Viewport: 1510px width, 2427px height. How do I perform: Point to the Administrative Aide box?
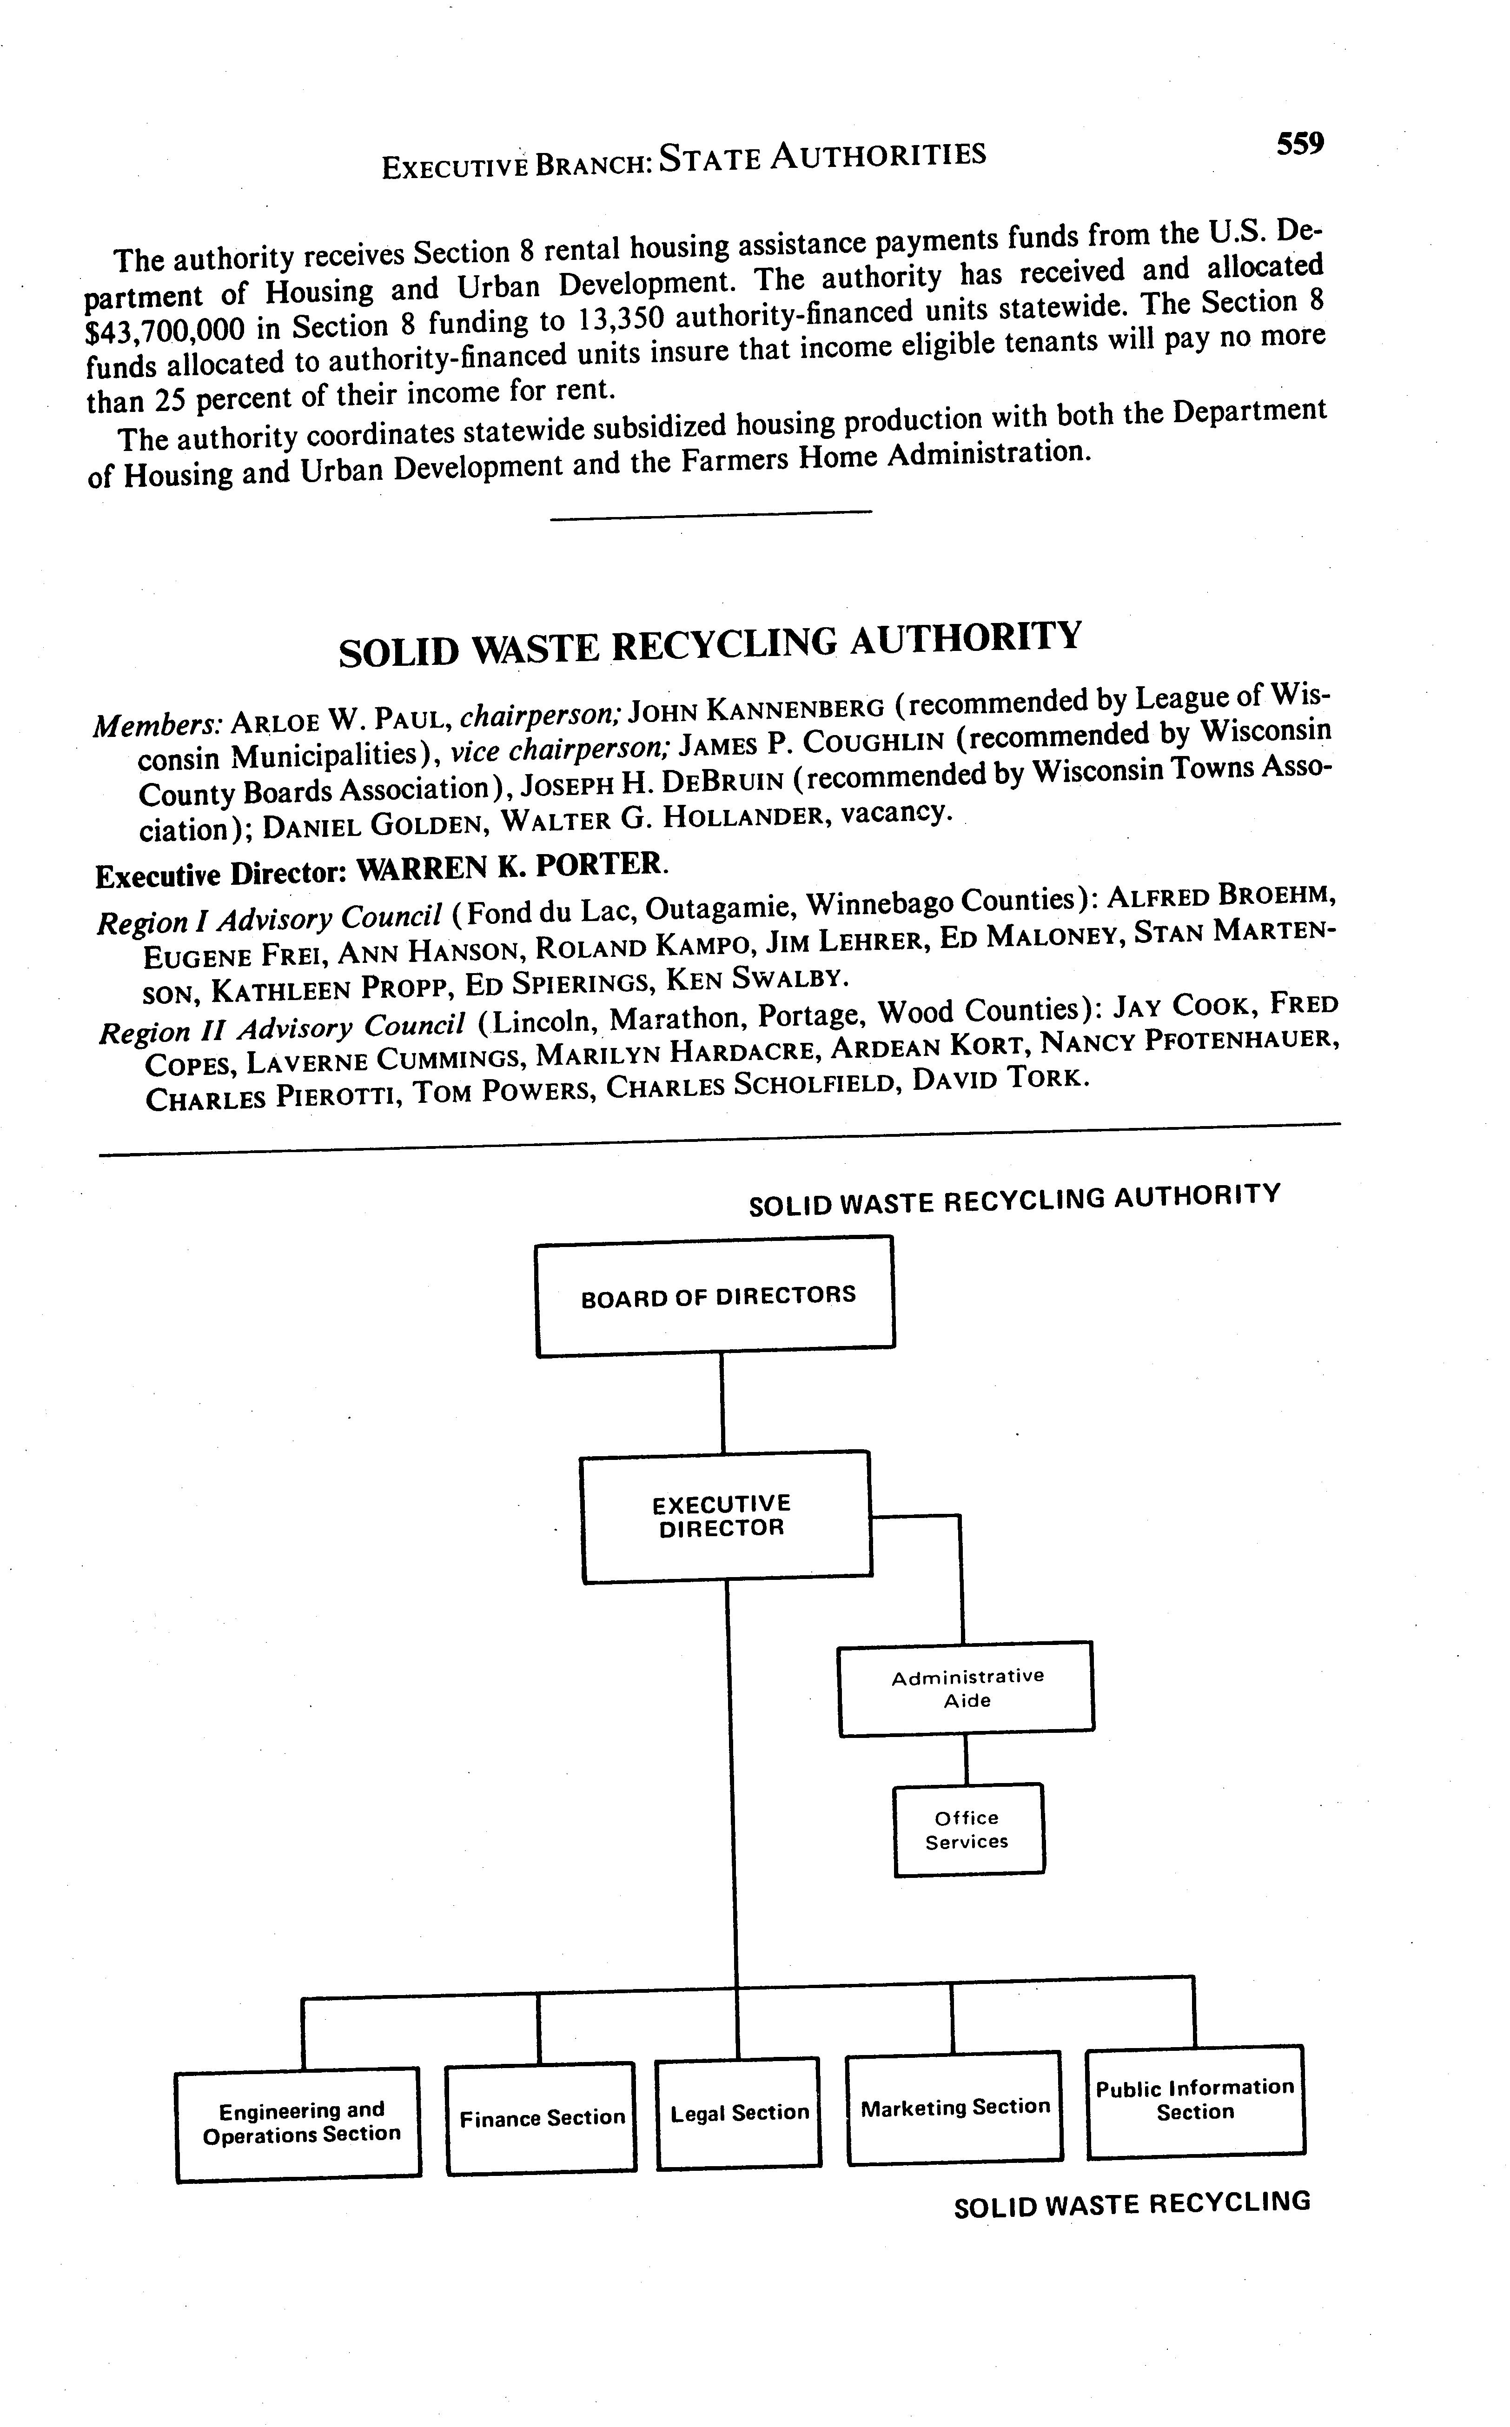point(966,1688)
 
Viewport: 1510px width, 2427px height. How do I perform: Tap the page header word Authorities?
point(879,155)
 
